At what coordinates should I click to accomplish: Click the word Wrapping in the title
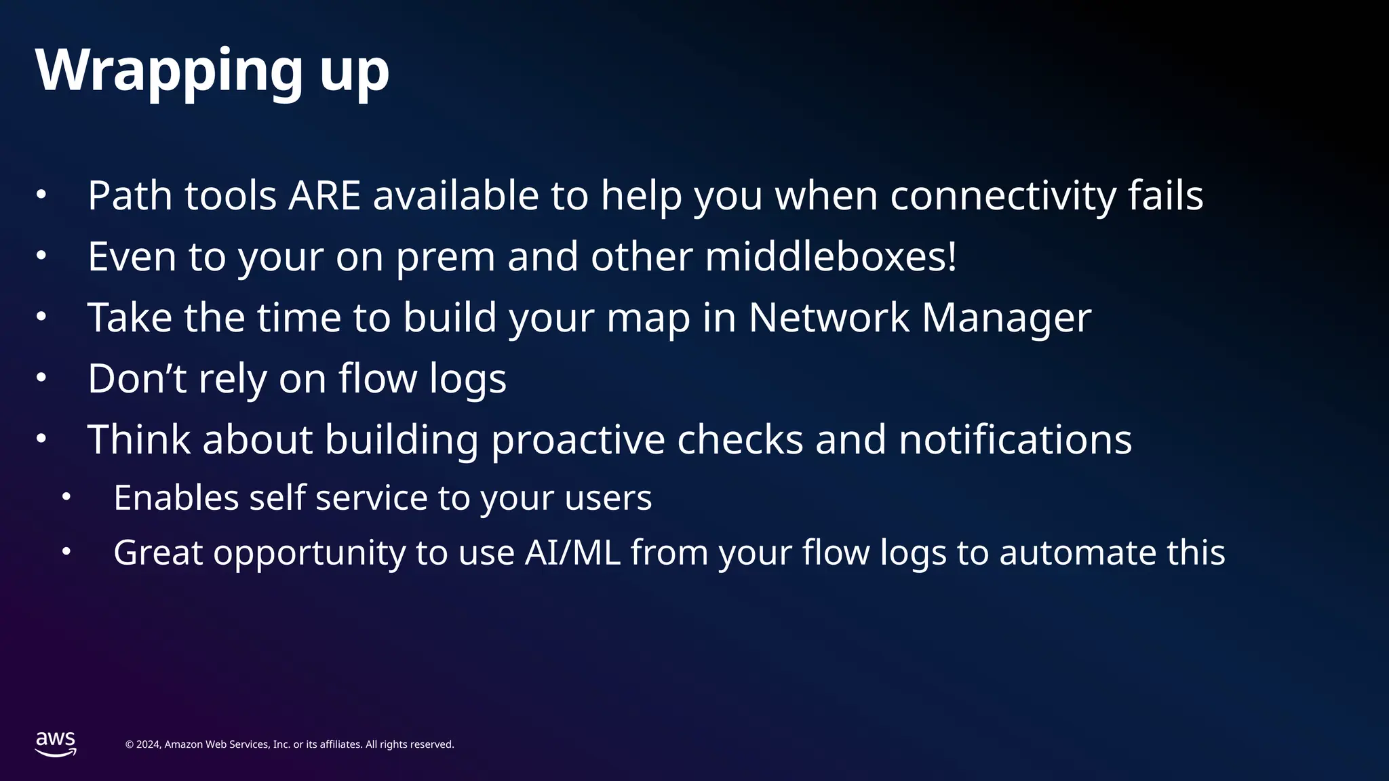pyautogui.click(x=169, y=71)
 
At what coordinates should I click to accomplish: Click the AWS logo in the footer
pyautogui.click(x=56, y=744)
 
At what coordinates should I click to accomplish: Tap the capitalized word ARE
pyautogui.click(x=324, y=196)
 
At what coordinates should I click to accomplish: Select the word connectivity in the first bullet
pyautogui.click(x=1002, y=196)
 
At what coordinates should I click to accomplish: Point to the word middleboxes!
pyautogui.click(x=831, y=257)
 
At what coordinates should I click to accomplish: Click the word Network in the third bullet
pyautogui.click(x=829, y=317)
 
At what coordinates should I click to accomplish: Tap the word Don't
pyautogui.click(x=136, y=378)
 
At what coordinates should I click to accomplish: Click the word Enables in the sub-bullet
pyautogui.click(x=176, y=498)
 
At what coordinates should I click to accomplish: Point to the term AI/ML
pyautogui.click(x=572, y=553)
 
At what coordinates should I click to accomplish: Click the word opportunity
pyautogui.click(x=309, y=553)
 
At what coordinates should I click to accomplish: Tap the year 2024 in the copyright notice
pyautogui.click(x=149, y=744)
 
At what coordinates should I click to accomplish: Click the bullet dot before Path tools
pyautogui.click(x=41, y=195)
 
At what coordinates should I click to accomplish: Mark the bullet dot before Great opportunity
pyautogui.click(x=66, y=552)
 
